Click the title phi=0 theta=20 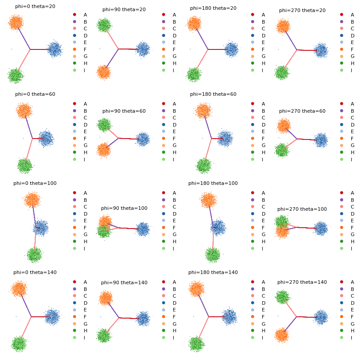pos(35,6)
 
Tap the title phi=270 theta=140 pos(302,282)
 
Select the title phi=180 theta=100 pos(213,183)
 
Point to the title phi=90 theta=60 pos(124,111)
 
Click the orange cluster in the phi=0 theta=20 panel pos(16,22)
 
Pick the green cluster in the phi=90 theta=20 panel pos(104,25)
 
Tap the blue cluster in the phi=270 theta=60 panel pos(321,140)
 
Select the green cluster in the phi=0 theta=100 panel pos(34,255)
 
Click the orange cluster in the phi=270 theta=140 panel pos(282,335)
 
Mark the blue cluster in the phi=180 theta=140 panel pos(229,316)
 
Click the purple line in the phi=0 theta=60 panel pos(29,128)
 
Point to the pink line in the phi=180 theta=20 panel pos(202,59)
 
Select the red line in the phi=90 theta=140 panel pos(129,318)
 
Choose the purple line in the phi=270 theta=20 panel pos(291,41)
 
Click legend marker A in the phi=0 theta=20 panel pos(75,15)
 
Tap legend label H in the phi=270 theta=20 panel pos(352,63)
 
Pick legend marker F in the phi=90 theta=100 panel pos(163,228)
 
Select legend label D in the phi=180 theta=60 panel pos(264,125)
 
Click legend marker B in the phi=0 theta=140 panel pos(75,289)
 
